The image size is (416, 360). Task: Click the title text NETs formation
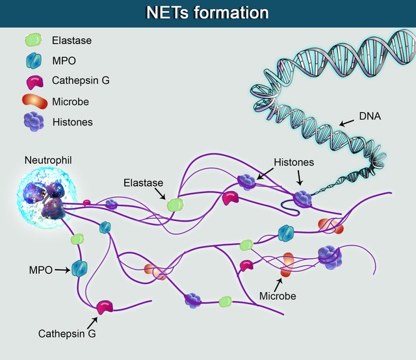click(207, 13)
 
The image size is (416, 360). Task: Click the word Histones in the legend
click(72, 122)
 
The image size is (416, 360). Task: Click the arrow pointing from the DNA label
click(347, 122)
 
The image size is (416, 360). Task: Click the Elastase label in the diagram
click(142, 183)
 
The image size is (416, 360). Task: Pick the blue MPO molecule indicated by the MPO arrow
click(79, 268)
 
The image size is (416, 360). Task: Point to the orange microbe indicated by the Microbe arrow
click(287, 265)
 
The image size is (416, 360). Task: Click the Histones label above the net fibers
click(294, 161)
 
